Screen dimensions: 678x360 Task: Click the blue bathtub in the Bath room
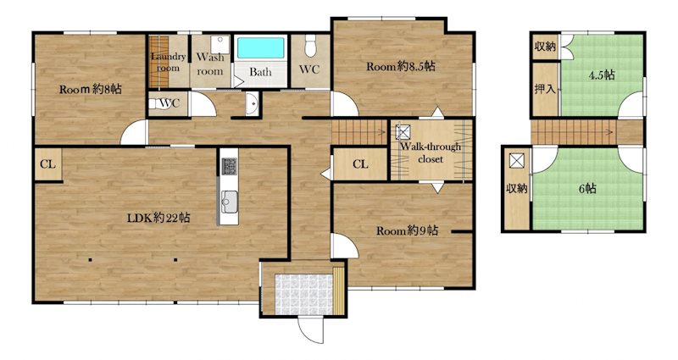click(x=260, y=48)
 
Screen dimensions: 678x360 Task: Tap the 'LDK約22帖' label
click(x=158, y=218)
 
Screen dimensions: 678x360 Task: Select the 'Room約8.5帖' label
click(x=401, y=67)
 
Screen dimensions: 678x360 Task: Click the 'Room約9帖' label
click(x=408, y=230)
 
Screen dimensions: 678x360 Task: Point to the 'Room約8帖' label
click(x=91, y=90)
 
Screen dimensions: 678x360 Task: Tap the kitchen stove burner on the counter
click(x=230, y=166)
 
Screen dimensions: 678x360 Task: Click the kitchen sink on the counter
click(x=229, y=202)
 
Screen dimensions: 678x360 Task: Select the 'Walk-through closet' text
click(x=431, y=153)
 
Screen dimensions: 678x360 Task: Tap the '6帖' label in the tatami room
click(x=587, y=189)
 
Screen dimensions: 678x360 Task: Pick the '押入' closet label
click(x=545, y=90)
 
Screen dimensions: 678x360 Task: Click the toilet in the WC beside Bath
click(x=310, y=46)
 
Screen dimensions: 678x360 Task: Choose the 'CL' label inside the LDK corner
click(x=48, y=164)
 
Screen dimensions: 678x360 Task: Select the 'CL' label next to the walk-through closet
click(x=360, y=164)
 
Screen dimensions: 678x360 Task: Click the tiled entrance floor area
click(x=304, y=294)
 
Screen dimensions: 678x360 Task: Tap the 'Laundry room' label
click(x=168, y=62)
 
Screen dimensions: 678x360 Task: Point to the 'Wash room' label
click(x=210, y=64)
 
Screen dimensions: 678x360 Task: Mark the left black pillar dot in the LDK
click(x=90, y=260)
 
